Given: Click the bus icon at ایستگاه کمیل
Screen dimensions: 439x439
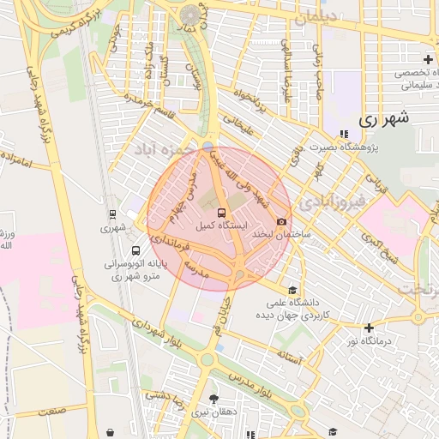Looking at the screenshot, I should (222, 212).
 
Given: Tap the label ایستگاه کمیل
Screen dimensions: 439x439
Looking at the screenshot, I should (222, 226).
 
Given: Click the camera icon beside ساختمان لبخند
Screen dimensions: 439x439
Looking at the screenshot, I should (282, 222).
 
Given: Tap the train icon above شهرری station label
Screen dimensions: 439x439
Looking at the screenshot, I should (112, 214).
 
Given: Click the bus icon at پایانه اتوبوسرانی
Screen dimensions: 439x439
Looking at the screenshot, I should (136, 251).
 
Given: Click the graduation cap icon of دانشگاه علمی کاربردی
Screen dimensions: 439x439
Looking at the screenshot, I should (293, 290).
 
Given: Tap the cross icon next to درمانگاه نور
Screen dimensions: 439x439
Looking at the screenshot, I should (369, 328).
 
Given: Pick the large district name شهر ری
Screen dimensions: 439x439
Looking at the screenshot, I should (383, 118).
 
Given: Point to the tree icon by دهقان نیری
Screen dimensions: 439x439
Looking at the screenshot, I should (213, 399).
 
